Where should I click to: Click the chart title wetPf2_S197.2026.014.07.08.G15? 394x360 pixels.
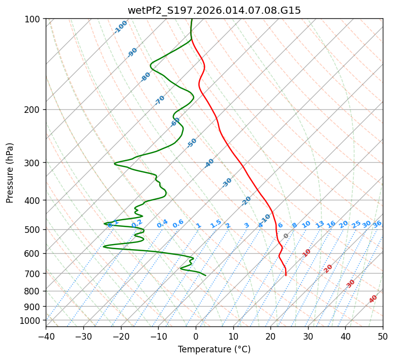coord(214,10)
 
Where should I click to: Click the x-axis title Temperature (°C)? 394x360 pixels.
coord(214,350)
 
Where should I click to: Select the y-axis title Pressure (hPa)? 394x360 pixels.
coord(10,173)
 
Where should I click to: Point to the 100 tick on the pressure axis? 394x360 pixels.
coord(34,19)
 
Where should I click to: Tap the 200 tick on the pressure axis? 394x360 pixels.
coord(34,110)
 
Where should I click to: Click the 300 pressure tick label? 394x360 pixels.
coord(34,163)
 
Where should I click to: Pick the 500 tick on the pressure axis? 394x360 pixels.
coord(34,229)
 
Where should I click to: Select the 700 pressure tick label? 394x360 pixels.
coord(34,274)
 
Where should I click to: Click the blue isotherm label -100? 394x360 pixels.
coord(121,27)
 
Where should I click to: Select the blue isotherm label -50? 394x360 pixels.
coord(192,143)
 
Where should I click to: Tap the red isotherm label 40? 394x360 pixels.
coord(373,299)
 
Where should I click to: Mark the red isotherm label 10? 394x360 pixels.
coord(307,253)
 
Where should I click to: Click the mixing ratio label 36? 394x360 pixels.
coord(377,224)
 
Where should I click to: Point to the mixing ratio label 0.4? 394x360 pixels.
coord(162,224)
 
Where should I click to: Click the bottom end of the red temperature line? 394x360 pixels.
coord(286,275)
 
